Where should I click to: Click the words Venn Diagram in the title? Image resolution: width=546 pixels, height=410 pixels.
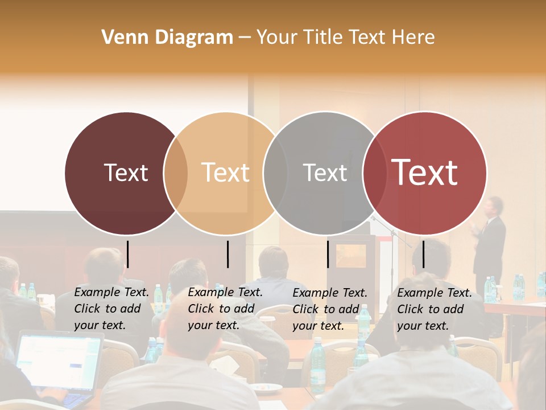[x=167, y=38]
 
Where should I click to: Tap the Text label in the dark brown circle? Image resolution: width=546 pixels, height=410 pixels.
[x=126, y=173]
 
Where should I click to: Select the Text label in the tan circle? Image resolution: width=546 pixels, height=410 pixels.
[x=225, y=173]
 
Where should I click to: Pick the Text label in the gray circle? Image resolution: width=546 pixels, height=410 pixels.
[x=325, y=173]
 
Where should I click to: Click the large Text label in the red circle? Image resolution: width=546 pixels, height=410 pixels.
[x=424, y=173]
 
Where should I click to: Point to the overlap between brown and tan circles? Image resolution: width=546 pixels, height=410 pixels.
[x=176, y=173]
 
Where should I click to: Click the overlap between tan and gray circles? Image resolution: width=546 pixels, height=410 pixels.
[x=275, y=173]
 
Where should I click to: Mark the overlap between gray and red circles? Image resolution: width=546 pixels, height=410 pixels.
[x=374, y=173]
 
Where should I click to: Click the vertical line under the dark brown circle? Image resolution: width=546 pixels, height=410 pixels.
[x=128, y=254]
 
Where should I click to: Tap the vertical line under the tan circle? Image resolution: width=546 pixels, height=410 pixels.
[x=227, y=254]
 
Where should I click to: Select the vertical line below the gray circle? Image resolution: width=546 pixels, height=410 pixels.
[x=328, y=254]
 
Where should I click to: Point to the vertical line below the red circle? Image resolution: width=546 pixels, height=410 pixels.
[x=423, y=254]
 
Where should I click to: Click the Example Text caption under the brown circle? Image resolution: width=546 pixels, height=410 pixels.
[x=111, y=309]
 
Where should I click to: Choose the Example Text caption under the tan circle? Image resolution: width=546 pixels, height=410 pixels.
[x=225, y=309]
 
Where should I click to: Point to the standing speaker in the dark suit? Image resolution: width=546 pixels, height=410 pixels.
[x=490, y=239]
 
